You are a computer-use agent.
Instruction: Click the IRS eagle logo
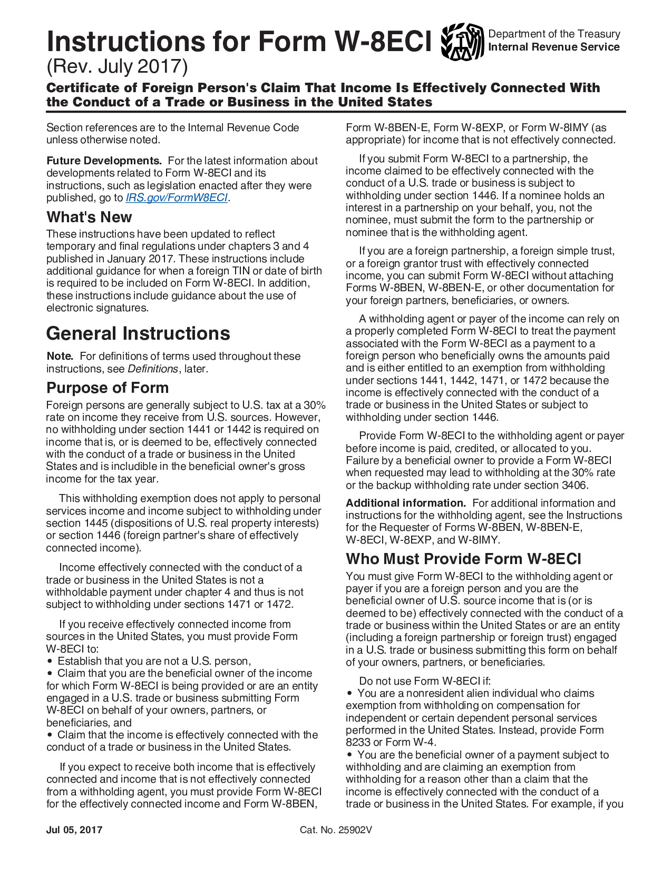pyautogui.click(x=462, y=42)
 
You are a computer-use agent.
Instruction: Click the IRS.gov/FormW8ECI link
pyautogui.click(x=177, y=198)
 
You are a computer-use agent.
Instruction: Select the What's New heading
pyautogui.click(x=89, y=217)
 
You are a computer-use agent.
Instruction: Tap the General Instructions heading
pyautogui.click(x=138, y=333)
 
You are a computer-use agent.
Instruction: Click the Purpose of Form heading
pyautogui.click(x=108, y=388)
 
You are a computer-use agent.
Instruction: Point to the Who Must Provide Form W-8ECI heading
pyautogui.click(x=463, y=559)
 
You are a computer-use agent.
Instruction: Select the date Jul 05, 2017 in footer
pyautogui.click(x=74, y=830)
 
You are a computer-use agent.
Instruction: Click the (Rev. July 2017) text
pyautogui.click(x=117, y=67)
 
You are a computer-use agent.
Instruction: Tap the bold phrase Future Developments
pyautogui.click(x=104, y=161)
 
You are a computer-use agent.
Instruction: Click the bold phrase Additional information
pyautogui.click(x=405, y=503)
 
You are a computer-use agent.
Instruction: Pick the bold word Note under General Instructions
pyautogui.click(x=59, y=357)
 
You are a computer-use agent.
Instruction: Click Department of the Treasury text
pyautogui.click(x=554, y=34)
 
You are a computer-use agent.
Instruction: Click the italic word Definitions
pyautogui.click(x=153, y=369)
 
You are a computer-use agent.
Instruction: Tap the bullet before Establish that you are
pyautogui.click(x=50, y=661)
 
